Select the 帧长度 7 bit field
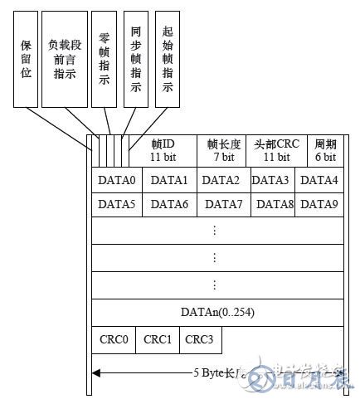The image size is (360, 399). tap(223, 149)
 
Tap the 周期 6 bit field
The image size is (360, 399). tap(324, 149)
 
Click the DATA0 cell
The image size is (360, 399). tap(116, 180)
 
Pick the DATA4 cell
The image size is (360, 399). tap(319, 180)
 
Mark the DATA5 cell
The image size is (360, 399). tap(116, 203)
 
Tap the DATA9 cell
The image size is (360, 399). tap(319, 203)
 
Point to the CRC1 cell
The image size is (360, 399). tap(158, 339)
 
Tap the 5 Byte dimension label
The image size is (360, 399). tap(218, 373)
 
